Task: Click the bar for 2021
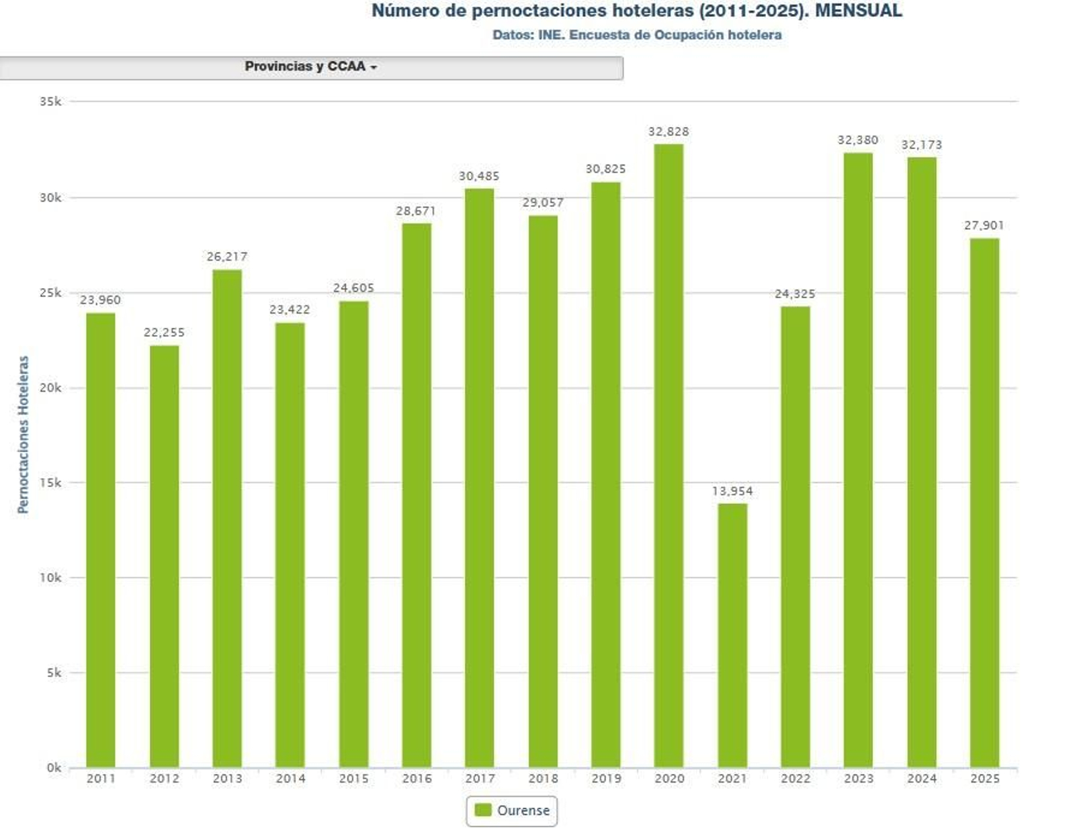[732, 635]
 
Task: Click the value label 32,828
[669, 132]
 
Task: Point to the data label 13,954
[732, 491]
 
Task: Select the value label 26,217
[227, 257]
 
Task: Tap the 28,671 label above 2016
[416, 211]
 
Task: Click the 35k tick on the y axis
[50, 101]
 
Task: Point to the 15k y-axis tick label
[50, 482]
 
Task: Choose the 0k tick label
[54, 767]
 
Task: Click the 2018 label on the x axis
[543, 779]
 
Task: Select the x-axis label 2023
[859, 779]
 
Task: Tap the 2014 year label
[290, 779]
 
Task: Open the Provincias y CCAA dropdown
[310, 67]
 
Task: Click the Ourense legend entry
[512, 811]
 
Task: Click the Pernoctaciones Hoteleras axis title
[24, 435]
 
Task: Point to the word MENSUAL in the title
[858, 11]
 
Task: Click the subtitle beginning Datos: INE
[636, 35]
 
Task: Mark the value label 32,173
[921, 145]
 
